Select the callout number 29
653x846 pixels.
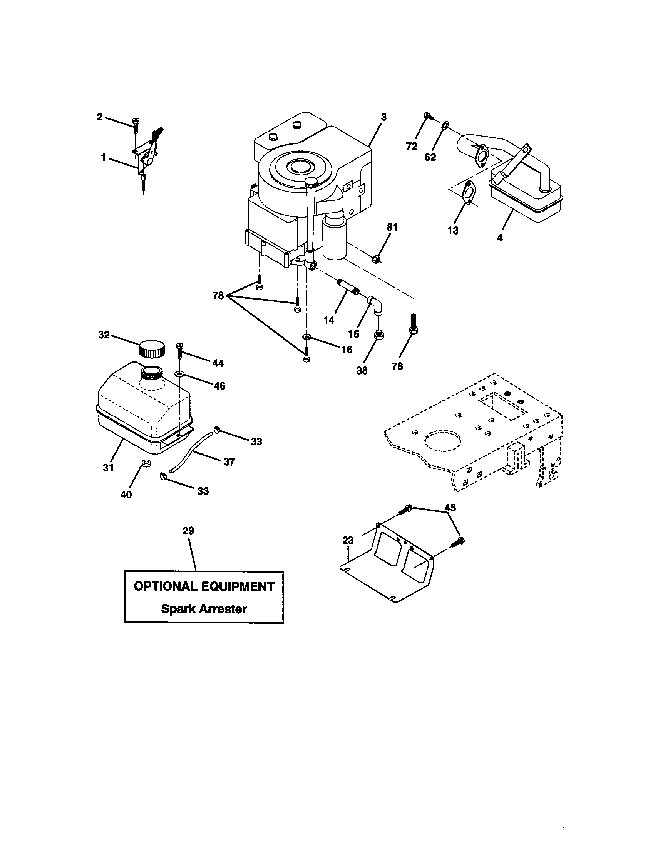pyautogui.click(x=188, y=531)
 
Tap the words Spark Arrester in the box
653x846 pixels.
pyautogui.click(x=204, y=609)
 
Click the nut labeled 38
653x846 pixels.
pyautogui.click(x=377, y=335)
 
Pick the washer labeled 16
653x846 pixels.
pyautogui.click(x=306, y=336)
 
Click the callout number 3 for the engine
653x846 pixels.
pyautogui.click(x=383, y=117)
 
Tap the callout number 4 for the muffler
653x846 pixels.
pyautogui.click(x=500, y=238)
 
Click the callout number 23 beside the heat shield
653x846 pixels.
pyautogui.click(x=348, y=540)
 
